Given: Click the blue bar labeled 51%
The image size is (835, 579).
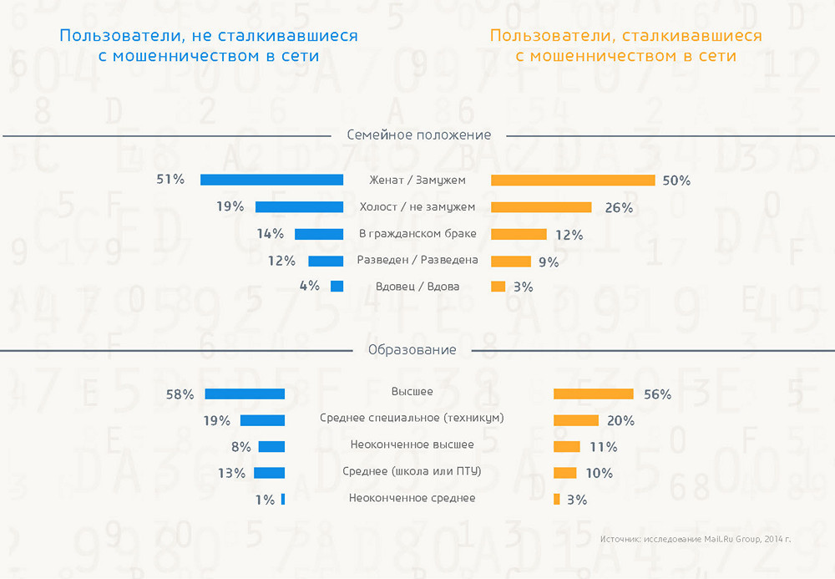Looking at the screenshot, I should pos(271,180).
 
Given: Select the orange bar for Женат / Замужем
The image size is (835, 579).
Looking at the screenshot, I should pos(573,180).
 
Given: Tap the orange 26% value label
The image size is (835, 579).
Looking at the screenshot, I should pos(619,208).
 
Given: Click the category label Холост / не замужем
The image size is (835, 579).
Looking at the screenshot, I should pos(417,207).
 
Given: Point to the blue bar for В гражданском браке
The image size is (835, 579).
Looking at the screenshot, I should pos(319,234).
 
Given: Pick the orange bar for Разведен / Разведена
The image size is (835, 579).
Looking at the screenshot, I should pos(511,261).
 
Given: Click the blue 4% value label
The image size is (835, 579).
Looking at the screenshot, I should pos(309,286).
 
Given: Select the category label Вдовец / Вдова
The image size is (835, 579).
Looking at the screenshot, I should pos(417,287).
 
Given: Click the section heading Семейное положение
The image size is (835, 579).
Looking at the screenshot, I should pos(418,135).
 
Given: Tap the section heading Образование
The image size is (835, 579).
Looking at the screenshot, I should pos(412,350).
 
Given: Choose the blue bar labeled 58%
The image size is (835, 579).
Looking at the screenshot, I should pos(245,394).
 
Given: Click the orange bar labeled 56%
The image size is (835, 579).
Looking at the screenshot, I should pos(594,394).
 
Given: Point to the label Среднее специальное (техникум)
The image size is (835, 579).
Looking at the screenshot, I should pos(412,418).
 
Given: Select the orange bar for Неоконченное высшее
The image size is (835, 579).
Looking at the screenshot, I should pos(567,446).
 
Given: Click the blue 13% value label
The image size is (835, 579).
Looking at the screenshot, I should pos(231,474).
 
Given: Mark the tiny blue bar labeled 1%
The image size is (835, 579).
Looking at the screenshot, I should pos(283,499).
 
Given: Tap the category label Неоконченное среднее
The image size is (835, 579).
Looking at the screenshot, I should pos(412,498).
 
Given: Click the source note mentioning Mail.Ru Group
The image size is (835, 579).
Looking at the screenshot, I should pos(695,539).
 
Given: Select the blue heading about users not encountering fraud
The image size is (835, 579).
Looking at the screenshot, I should pos(208,46).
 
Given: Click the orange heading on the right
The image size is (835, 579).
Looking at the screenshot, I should pos(625,46).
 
